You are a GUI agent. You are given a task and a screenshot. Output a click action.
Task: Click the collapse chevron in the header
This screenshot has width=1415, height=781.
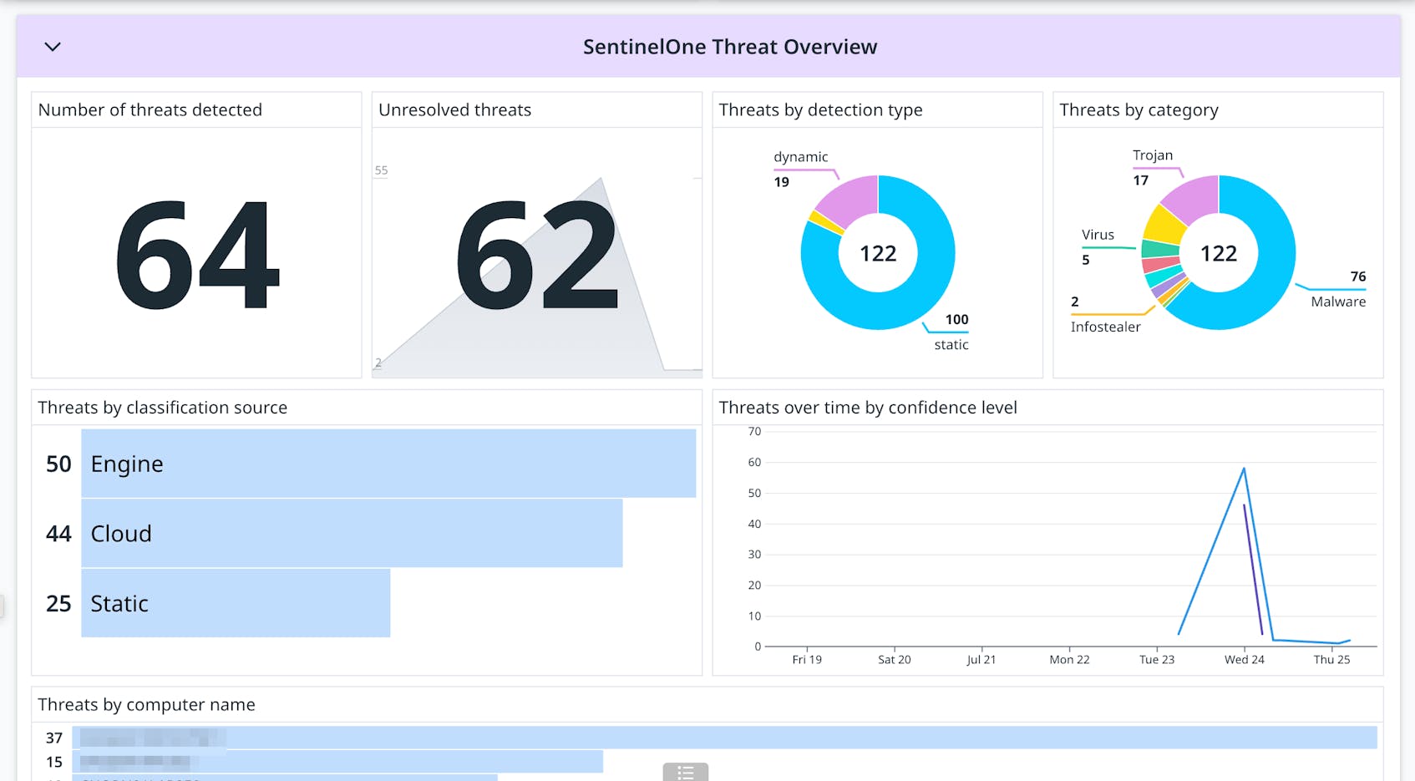pyautogui.click(x=53, y=47)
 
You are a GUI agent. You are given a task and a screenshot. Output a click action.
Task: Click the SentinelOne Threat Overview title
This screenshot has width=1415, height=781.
pyautogui.click(x=729, y=47)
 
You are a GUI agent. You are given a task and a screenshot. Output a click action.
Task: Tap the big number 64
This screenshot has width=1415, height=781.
pyautogui.click(x=197, y=256)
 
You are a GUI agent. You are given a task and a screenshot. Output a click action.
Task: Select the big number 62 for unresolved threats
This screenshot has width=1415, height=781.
pyautogui.click(x=537, y=256)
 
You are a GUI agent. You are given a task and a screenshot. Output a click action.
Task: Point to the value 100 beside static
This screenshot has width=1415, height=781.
pyautogui.click(x=956, y=319)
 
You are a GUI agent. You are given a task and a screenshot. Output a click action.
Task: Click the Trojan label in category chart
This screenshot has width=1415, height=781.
pyautogui.click(x=1152, y=155)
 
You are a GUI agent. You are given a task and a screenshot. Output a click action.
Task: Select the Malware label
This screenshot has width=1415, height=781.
pyautogui.click(x=1337, y=302)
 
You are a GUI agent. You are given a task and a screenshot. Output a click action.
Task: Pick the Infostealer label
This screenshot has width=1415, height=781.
pyautogui.click(x=1105, y=327)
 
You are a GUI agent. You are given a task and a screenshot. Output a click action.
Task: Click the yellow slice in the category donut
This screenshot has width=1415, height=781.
pyautogui.click(x=1164, y=225)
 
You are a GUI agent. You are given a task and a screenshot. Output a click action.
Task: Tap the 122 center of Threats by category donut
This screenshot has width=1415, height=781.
pyautogui.click(x=1218, y=253)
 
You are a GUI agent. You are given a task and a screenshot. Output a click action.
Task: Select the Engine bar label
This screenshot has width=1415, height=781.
pyautogui.click(x=127, y=464)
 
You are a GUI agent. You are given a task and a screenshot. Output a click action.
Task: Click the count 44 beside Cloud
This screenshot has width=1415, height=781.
pyautogui.click(x=58, y=534)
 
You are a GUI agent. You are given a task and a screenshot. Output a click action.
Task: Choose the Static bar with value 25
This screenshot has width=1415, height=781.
pyautogui.click(x=236, y=603)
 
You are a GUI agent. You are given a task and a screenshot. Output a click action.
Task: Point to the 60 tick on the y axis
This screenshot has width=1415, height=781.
pyautogui.click(x=754, y=462)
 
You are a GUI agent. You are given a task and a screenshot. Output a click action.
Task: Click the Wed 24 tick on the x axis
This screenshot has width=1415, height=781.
pyautogui.click(x=1244, y=659)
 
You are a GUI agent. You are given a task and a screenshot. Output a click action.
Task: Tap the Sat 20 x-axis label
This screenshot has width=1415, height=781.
pyautogui.click(x=894, y=659)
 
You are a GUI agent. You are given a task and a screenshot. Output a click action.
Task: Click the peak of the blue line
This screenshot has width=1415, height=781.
pyautogui.click(x=1244, y=469)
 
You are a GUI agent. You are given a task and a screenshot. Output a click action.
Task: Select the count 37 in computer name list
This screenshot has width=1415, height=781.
pyautogui.click(x=54, y=738)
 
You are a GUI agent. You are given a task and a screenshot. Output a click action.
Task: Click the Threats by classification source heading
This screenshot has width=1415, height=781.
pyautogui.click(x=162, y=408)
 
